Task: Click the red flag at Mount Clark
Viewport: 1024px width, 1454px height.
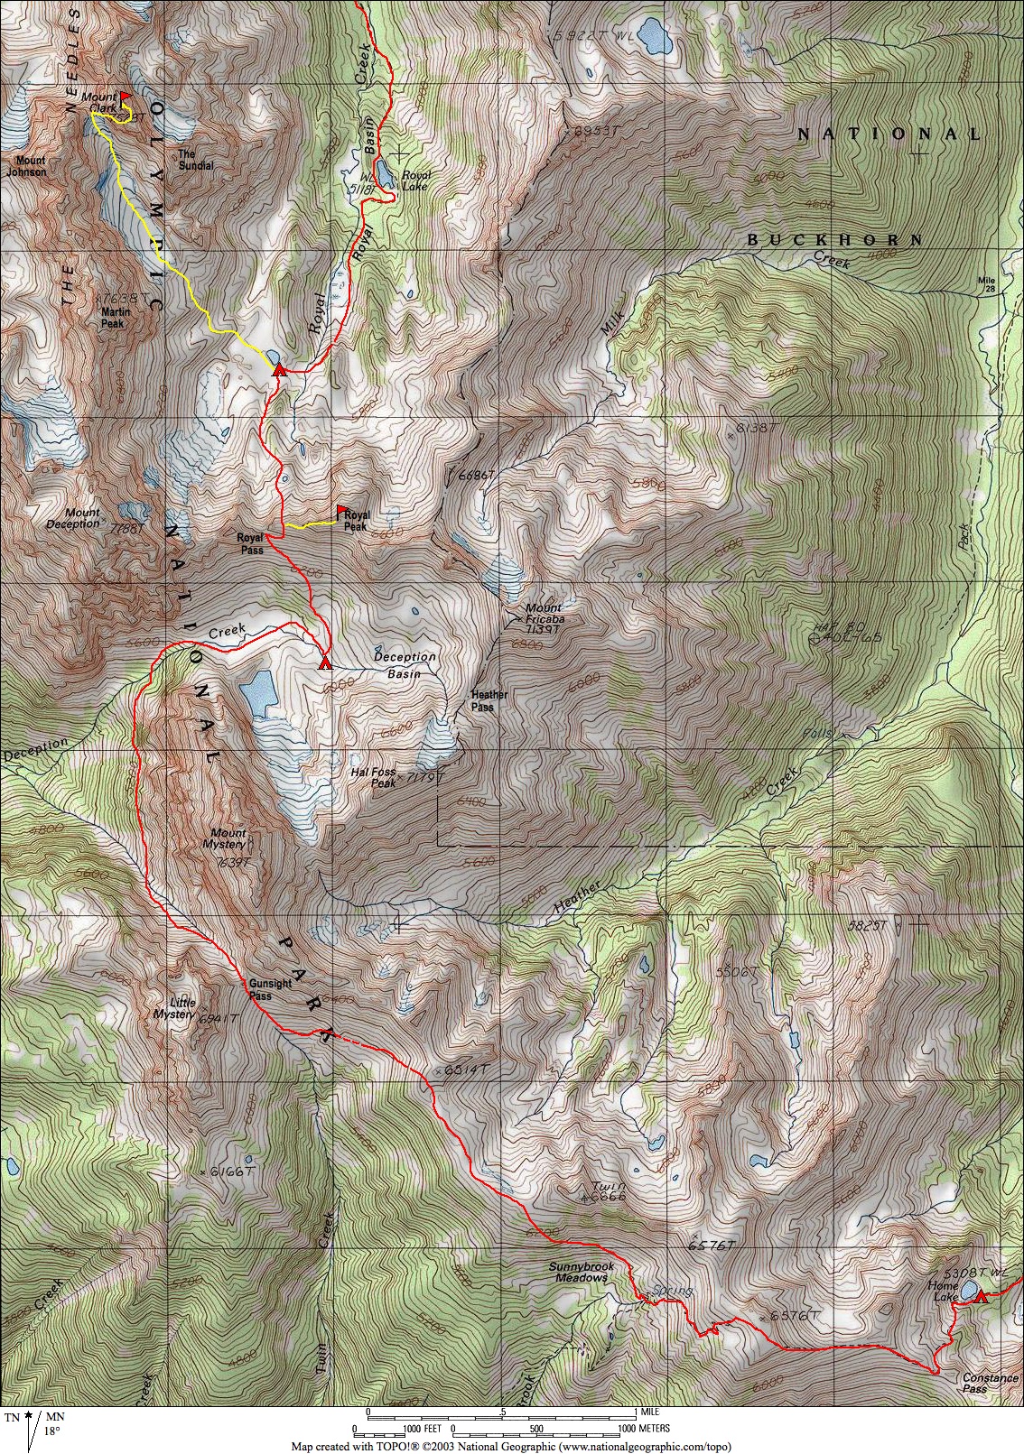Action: click(x=125, y=95)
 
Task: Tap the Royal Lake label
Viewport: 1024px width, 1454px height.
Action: click(x=416, y=181)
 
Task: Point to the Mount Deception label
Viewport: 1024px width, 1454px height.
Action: click(x=73, y=518)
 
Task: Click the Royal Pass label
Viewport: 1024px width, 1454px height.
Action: click(x=250, y=543)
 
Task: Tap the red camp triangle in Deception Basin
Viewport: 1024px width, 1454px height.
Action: click(x=325, y=664)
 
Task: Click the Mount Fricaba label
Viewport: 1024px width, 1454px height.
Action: click(x=545, y=614)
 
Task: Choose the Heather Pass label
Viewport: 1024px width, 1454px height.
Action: click(x=489, y=700)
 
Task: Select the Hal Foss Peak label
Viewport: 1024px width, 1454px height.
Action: click(x=373, y=777)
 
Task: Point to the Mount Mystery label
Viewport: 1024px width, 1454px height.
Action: click(x=228, y=838)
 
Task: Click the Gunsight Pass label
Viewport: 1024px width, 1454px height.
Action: click(x=269, y=989)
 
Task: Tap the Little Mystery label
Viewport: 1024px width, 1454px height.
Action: click(x=175, y=1008)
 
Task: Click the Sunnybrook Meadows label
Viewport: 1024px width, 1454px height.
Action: click(x=582, y=1272)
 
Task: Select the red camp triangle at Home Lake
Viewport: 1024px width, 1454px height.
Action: click(x=981, y=1296)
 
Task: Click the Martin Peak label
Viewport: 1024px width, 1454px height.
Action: click(x=115, y=318)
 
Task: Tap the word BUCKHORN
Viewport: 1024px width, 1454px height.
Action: click(x=835, y=240)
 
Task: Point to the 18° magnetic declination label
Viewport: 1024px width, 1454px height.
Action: click(x=52, y=1431)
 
